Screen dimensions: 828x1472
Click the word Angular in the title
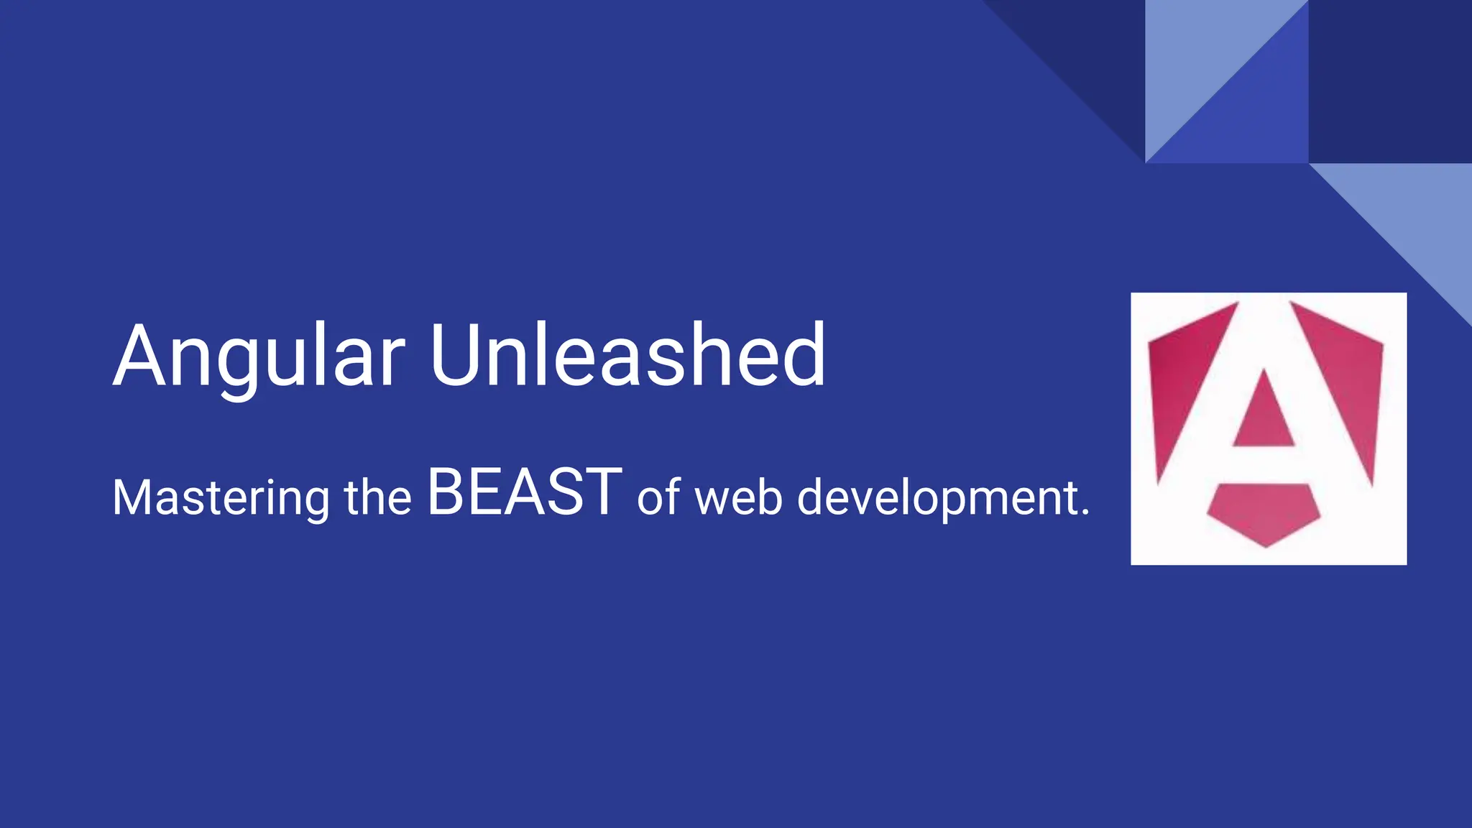click(x=259, y=357)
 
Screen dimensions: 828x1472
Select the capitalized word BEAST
click(x=524, y=493)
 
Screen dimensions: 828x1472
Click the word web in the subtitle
click(x=738, y=497)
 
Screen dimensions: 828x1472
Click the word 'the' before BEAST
click(x=378, y=497)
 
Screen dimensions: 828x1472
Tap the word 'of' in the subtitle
click(x=658, y=497)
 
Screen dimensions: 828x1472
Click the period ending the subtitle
click(x=1085, y=513)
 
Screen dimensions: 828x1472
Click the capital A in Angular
click(x=148, y=357)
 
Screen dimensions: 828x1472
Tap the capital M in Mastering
click(x=134, y=497)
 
